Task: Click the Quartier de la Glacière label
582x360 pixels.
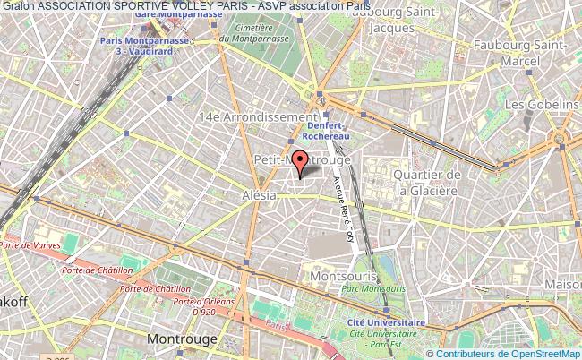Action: coord(428,182)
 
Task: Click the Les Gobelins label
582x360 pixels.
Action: coord(541,105)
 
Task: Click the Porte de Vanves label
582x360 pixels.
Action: coord(29,245)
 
